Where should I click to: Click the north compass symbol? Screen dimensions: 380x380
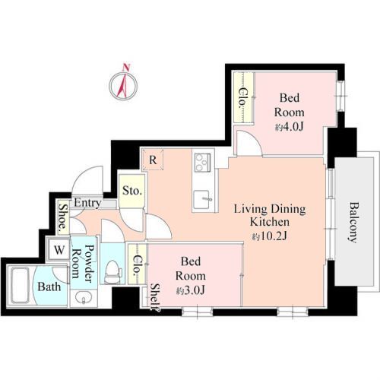(x=123, y=86)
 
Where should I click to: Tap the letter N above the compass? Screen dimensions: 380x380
(x=126, y=67)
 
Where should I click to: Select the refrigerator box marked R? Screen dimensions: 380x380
(x=153, y=160)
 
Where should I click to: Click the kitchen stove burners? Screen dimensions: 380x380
(x=202, y=163)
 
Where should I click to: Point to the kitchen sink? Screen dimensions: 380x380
(x=203, y=200)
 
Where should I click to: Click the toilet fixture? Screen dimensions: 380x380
(x=112, y=271)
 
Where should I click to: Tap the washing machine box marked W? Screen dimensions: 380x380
(x=59, y=250)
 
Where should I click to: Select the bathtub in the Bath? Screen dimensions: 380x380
(x=20, y=286)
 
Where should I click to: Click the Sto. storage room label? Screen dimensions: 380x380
(x=131, y=190)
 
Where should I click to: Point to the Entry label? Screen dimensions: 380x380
(x=87, y=203)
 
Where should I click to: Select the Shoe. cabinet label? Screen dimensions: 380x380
(x=62, y=218)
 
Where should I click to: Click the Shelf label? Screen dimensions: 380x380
(x=154, y=297)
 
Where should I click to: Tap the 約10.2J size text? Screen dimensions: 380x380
(x=270, y=236)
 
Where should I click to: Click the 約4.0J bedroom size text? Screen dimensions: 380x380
(x=290, y=127)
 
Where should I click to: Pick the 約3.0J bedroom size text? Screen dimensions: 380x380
(x=191, y=290)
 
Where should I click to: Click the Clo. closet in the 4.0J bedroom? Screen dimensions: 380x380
(x=243, y=97)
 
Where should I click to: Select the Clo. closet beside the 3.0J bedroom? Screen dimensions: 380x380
(x=138, y=264)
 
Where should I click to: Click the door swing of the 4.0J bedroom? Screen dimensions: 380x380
(x=250, y=143)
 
